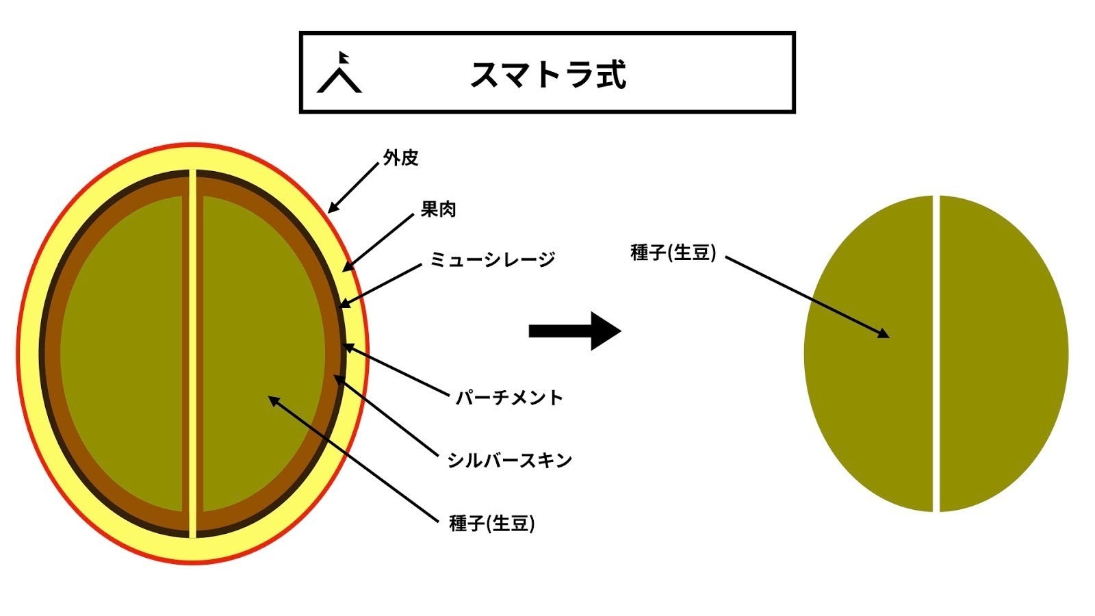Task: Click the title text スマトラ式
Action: click(x=547, y=75)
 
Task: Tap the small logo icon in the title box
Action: click(x=339, y=73)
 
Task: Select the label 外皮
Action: click(x=401, y=158)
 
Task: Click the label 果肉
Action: click(x=438, y=209)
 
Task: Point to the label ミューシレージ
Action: click(x=492, y=259)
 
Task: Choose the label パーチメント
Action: click(x=509, y=398)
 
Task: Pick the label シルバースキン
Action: click(x=509, y=461)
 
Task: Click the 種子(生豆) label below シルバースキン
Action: click(x=491, y=524)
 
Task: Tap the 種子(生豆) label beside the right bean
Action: click(x=673, y=253)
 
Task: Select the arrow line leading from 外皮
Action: click(x=355, y=187)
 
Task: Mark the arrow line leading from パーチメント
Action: click(x=397, y=371)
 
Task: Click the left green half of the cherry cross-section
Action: click(x=123, y=352)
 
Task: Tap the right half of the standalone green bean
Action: click(x=1003, y=352)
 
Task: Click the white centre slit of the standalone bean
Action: click(x=936, y=352)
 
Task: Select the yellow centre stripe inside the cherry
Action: click(x=193, y=352)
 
